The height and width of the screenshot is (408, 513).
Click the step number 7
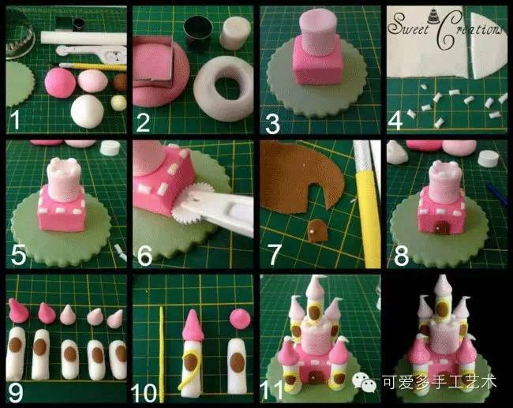tap(274, 255)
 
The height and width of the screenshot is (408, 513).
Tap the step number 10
tap(144, 392)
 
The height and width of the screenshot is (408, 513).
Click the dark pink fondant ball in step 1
tap(60, 82)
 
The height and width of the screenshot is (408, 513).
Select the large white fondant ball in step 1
tap(88, 111)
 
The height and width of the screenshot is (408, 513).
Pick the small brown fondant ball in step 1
tap(120, 82)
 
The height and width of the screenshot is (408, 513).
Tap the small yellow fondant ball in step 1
tap(118, 103)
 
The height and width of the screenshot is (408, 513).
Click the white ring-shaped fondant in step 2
tap(223, 88)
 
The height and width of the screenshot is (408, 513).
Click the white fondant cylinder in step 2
tap(235, 32)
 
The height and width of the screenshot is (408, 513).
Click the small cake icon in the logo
tap(432, 16)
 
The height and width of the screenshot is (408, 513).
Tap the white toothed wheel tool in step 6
tap(187, 204)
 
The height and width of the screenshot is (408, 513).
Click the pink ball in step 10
tap(240, 318)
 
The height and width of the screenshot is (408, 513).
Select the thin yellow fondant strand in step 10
tap(161, 354)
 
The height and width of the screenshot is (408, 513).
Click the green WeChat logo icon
tap(364, 382)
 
